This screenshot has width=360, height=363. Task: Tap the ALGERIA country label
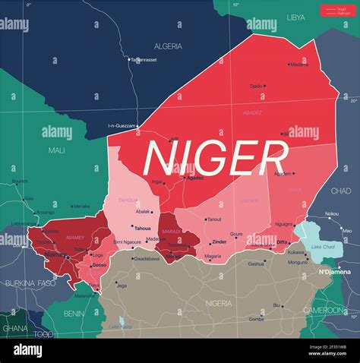(169, 46)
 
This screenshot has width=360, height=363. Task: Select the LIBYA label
(296, 17)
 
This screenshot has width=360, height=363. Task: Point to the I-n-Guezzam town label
(122, 125)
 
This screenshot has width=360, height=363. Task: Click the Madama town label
(299, 65)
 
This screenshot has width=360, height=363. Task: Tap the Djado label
(256, 86)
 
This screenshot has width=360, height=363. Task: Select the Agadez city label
(195, 178)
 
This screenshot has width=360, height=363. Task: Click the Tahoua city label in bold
(143, 228)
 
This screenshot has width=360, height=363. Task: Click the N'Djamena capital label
(333, 272)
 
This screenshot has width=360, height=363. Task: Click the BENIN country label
(74, 313)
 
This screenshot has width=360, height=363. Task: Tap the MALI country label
(57, 150)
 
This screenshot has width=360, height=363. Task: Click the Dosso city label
(99, 265)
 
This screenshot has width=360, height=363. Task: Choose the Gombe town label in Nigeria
(256, 319)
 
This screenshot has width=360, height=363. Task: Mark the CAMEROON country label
(324, 310)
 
